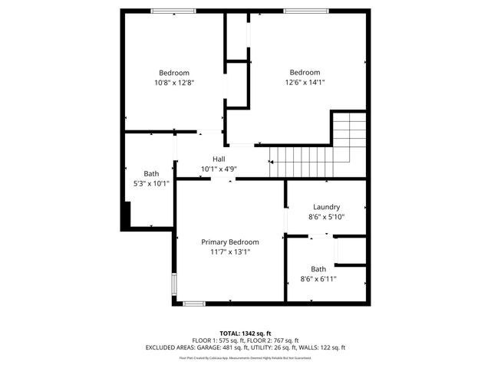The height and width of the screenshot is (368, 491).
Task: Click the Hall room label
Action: pyautogui.click(x=219, y=159)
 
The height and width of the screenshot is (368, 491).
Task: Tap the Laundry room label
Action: pyautogui.click(x=326, y=207)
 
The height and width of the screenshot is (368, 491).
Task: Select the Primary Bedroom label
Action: pyautogui.click(x=230, y=242)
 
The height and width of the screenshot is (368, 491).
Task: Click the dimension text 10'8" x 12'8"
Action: pyautogui.click(x=174, y=83)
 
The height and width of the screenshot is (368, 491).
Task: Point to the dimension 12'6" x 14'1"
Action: pyautogui.click(x=305, y=83)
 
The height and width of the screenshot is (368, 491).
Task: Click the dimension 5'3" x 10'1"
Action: pyautogui.click(x=151, y=183)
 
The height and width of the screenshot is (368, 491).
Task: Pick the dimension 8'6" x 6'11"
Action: pyautogui.click(x=318, y=279)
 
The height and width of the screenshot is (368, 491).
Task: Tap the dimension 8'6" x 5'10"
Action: pyautogui.click(x=326, y=217)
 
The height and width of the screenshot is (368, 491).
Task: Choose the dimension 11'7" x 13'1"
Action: pyautogui.click(x=230, y=251)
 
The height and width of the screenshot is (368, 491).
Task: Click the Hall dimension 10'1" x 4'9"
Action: pyautogui.click(x=219, y=169)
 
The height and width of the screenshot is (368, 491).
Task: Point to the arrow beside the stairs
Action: pyautogui.click(x=271, y=162)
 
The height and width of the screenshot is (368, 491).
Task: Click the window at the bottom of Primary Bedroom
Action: pyautogui.click(x=194, y=304)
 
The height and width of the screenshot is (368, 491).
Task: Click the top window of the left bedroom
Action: pyautogui.click(x=167, y=11)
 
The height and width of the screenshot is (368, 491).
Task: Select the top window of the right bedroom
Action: pyautogui.click(x=297, y=11)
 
